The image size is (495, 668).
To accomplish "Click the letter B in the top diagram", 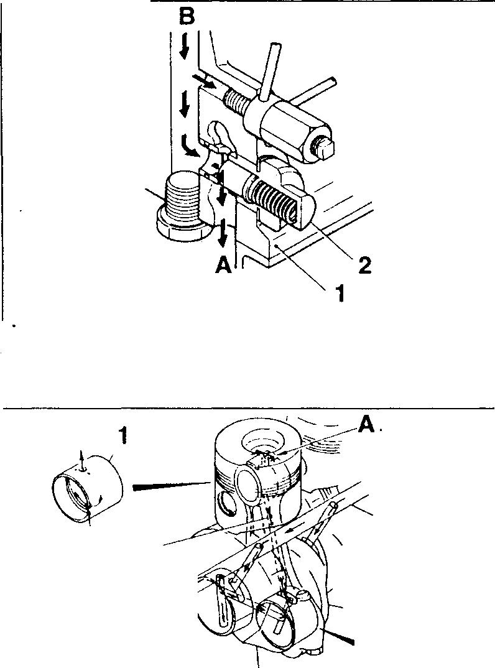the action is click(x=187, y=17).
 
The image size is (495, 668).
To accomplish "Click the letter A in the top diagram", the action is click(x=224, y=266).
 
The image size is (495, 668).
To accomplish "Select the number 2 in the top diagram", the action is click(x=364, y=266).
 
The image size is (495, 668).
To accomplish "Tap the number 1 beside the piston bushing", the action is click(x=123, y=436).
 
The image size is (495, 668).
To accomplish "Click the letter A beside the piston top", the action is click(x=367, y=424).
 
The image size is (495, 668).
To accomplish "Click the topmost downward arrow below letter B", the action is click(x=184, y=47).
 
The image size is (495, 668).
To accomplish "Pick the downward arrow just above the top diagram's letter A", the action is click(x=222, y=233).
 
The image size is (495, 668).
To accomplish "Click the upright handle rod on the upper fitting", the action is click(x=269, y=70).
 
